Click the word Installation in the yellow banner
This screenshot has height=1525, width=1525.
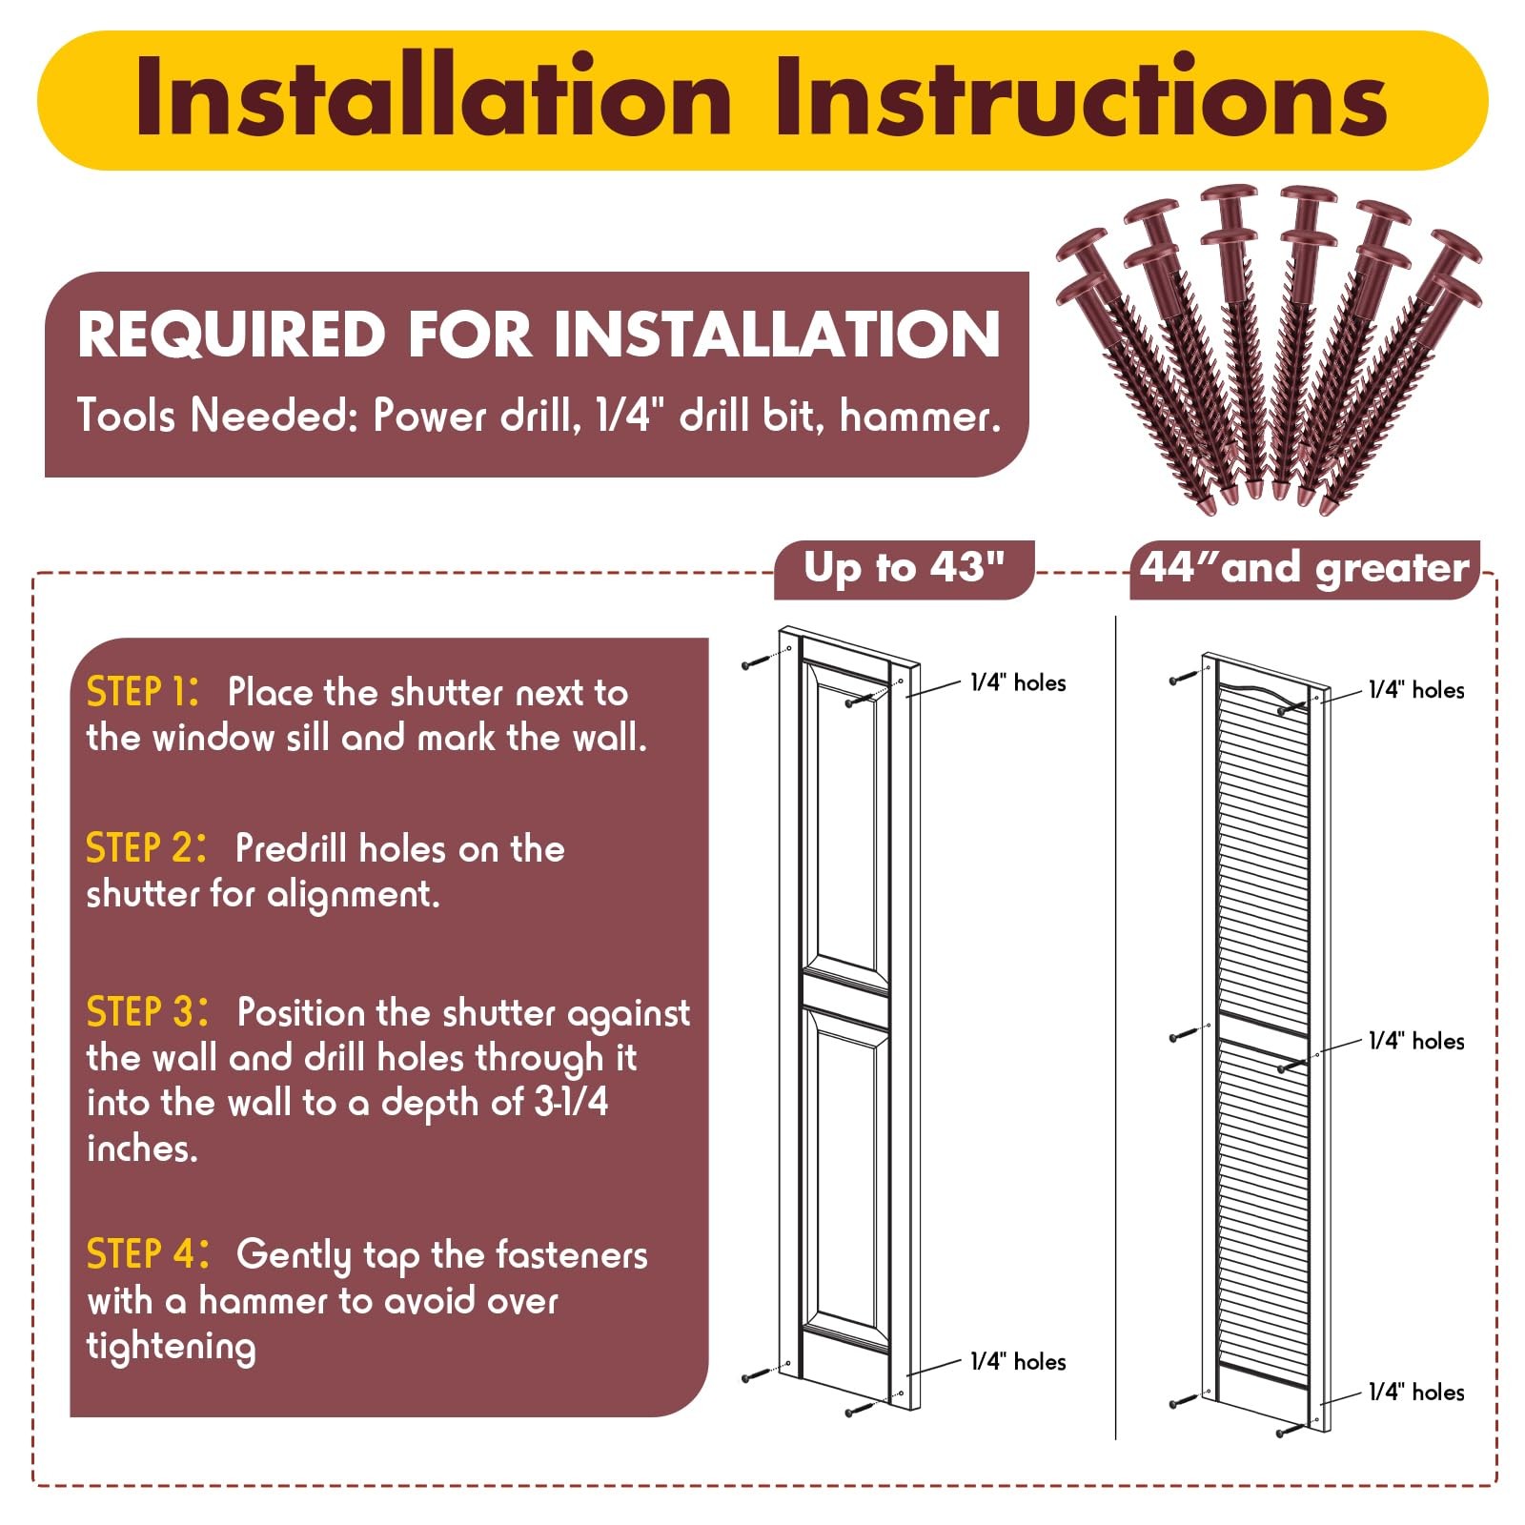434,97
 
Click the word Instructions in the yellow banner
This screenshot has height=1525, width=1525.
1082,97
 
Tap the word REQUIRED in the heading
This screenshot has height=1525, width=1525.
232,335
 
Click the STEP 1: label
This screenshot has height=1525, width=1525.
143,692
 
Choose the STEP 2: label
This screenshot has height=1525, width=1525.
146,848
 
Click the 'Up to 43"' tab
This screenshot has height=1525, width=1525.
904,569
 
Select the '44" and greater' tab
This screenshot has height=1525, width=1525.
1305,569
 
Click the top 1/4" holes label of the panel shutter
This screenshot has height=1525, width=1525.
1018,682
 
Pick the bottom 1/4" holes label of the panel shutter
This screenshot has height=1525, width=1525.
1018,1361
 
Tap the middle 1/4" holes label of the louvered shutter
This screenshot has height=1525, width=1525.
1416,1041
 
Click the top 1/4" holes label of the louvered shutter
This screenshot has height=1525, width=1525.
1416,690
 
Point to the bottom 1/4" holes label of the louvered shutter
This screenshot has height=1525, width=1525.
1416,1392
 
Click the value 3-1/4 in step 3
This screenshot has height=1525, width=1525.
571,1103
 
